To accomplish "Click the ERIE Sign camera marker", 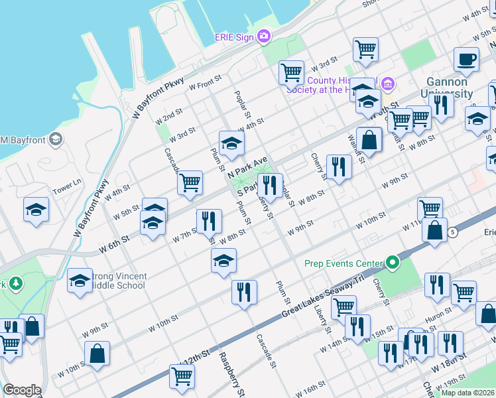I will (x=264, y=36).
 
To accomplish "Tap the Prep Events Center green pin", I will (x=393, y=263).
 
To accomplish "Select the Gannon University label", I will (x=446, y=87).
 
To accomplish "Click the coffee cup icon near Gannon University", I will (x=466, y=60).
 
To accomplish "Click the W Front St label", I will (x=204, y=84).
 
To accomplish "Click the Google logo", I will (x=22, y=390).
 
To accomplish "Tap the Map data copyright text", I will (x=467, y=393).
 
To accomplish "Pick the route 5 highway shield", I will (x=452, y=232).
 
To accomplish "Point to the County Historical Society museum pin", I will (x=388, y=84).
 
